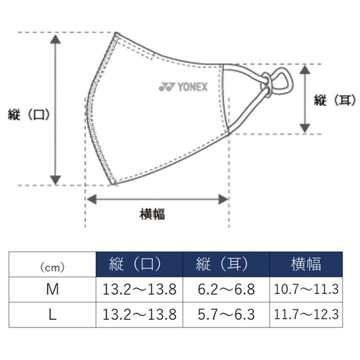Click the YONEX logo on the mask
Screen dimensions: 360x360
click(182, 87)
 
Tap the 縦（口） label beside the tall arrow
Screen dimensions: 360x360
click(29, 115)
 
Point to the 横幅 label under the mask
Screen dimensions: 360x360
click(152, 215)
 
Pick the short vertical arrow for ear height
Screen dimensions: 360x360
click(304, 99)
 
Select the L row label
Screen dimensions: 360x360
click(52, 315)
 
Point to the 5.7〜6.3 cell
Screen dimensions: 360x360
click(226, 315)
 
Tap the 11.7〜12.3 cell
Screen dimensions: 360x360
click(306, 315)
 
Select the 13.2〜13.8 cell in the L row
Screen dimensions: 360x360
click(139, 315)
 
